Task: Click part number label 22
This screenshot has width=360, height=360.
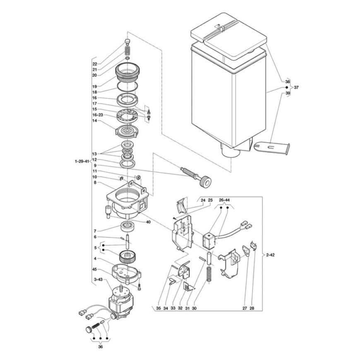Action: pyautogui.click(x=95, y=64)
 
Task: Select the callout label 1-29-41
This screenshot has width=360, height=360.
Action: pyautogui.click(x=82, y=161)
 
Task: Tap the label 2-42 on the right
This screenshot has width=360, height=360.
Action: pyautogui.click(x=270, y=255)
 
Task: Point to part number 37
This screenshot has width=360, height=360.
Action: pyautogui.click(x=296, y=87)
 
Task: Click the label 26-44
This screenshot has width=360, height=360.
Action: pyautogui.click(x=224, y=200)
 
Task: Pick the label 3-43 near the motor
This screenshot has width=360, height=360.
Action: pyautogui.click(x=98, y=279)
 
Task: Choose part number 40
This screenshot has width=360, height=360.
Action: pyautogui.click(x=148, y=222)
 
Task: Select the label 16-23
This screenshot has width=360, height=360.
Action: pyautogui.click(x=98, y=115)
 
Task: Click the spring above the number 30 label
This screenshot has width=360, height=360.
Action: pyautogui.click(x=209, y=274)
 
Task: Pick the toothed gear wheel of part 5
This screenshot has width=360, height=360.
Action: pyautogui.click(x=128, y=257)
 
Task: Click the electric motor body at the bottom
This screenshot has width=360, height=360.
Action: pyautogui.click(x=122, y=303)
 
